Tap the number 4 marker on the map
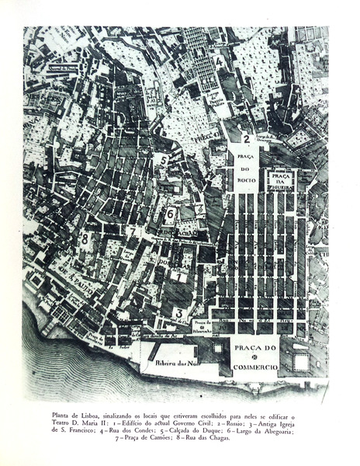220,61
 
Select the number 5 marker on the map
163,159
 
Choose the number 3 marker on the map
178,313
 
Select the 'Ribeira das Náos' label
173,362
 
